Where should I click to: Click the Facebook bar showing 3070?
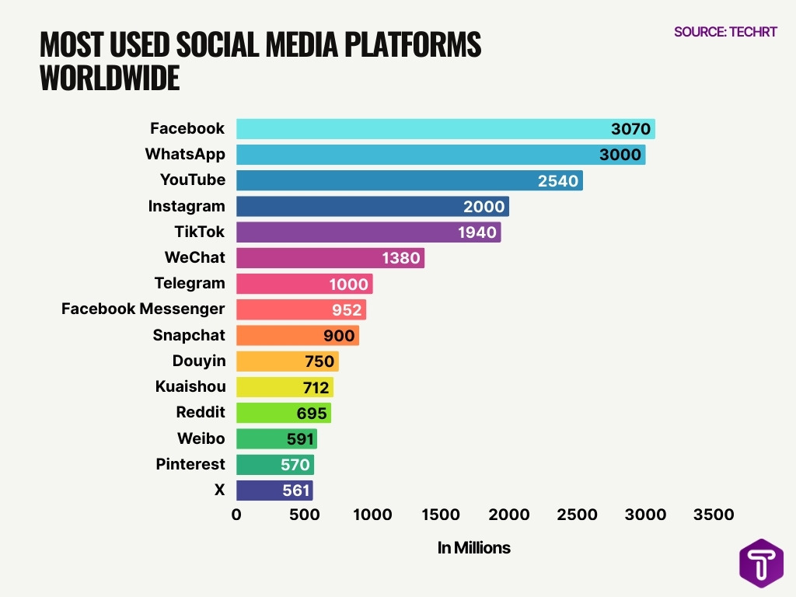(445, 129)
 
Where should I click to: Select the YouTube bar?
(409, 180)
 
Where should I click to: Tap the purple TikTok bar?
(368, 232)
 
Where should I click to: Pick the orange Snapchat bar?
(297, 335)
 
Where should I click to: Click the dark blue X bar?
(274, 491)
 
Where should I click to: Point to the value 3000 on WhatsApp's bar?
(620, 155)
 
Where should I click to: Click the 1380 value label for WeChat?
(401, 258)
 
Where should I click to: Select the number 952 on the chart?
(347, 310)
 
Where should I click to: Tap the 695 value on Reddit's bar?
(312, 414)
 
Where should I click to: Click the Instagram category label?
(187, 206)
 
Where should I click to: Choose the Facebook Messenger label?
(143, 309)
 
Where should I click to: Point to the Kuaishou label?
(190, 386)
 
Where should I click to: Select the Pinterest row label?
(190, 464)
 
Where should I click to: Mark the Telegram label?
(190, 283)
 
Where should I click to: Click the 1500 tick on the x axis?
(440, 515)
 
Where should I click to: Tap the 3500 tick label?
(713, 515)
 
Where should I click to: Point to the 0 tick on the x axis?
(236, 515)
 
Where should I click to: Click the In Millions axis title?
(473, 548)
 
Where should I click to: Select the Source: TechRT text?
(725, 33)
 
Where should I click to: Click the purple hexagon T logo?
(761, 563)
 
